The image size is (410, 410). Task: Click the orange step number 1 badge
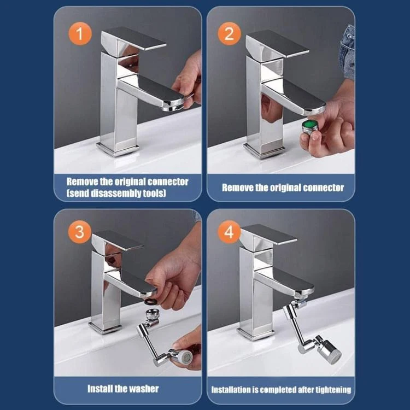click(x=80, y=34)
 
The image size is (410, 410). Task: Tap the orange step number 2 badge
click(x=229, y=34)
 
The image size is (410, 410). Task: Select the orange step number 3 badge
click(x=80, y=232)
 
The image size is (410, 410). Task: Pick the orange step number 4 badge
click(x=229, y=232)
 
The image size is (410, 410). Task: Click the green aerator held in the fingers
click(x=310, y=127)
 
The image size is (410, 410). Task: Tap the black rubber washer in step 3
click(x=151, y=301)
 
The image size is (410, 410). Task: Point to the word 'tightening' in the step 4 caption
click(x=333, y=390)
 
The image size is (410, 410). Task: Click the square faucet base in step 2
click(x=264, y=151)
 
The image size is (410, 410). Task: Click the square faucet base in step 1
click(x=118, y=149)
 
